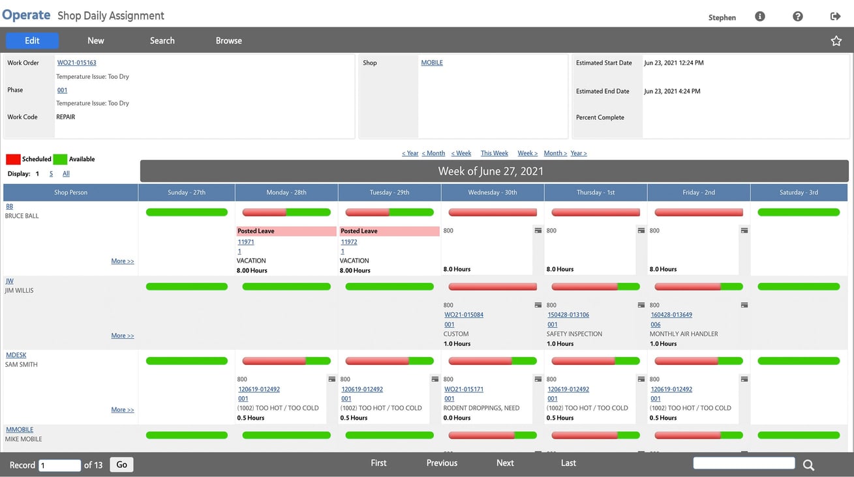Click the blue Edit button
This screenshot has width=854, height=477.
(x=32, y=40)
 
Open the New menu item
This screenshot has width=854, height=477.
(x=96, y=40)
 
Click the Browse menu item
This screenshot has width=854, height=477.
(x=228, y=40)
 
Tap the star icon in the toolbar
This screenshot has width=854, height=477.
(x=836, y=41)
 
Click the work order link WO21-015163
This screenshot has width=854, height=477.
(x=76, y=63)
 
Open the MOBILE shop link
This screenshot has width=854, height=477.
(x=432, y=63)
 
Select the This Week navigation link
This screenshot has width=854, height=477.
(x=494, y=153)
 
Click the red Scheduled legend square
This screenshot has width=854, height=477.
(x=13, y=159)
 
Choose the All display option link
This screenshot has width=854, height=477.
(x=66, y=174)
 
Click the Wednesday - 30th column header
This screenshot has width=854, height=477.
(x=493, y=192)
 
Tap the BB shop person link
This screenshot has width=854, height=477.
(x=9, y=207)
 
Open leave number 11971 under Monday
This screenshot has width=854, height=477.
(x=246, y=242)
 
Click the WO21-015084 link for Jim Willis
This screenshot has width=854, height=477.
(x=464, y=315)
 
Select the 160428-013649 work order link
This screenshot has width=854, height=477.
(x=671, y=315)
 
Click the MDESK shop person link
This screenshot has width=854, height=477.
(x=16, y=355)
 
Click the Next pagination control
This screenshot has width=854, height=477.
(x=505, y=463)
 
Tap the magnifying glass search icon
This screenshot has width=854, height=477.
(x=808, y=465)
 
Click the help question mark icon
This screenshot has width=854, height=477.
(x=797, y=16)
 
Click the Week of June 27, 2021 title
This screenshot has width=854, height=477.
(x=491, y=171)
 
